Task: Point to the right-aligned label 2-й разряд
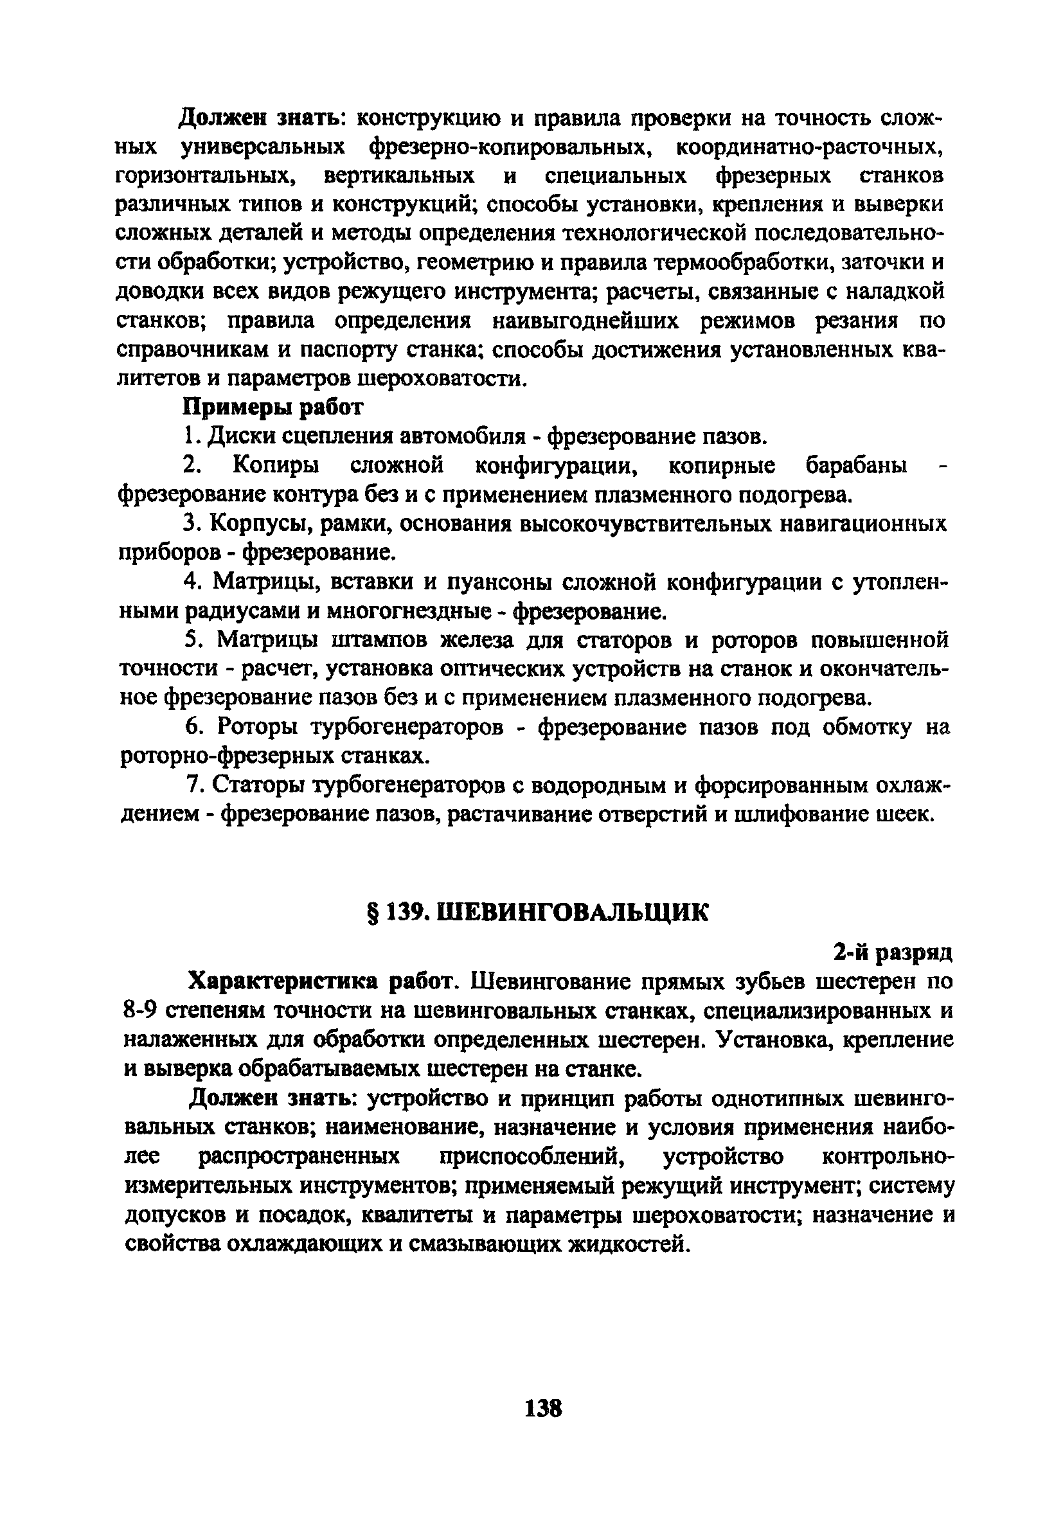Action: [x=892, y=952]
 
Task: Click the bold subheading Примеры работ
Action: [x=272, y=407]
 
